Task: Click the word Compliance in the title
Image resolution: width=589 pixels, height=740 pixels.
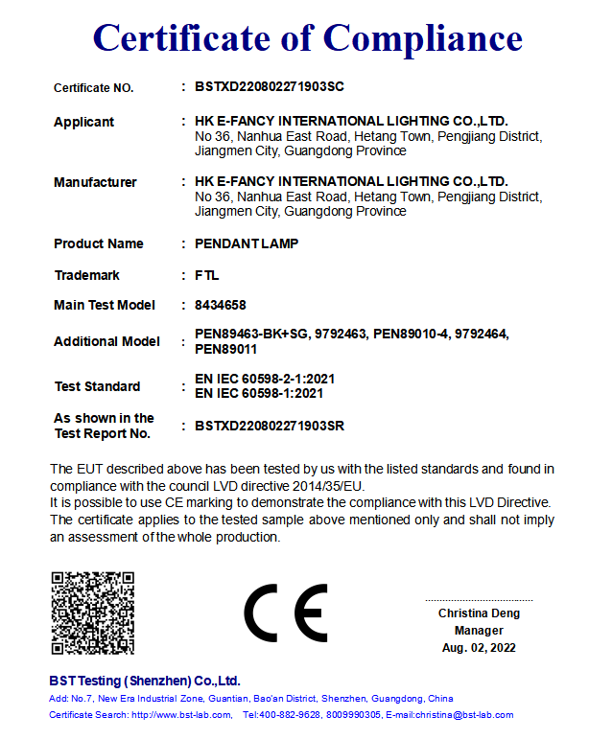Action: click(x=423, y=37)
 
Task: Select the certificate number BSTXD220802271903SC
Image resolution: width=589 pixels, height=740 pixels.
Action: click(x=269, y=87)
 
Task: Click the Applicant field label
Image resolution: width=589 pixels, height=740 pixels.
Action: click(x=83, y=122)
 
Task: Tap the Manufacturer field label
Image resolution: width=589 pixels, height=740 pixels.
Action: click(x=95, y=182)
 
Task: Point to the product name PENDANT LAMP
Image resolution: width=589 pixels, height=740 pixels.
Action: click(x=246, y=243)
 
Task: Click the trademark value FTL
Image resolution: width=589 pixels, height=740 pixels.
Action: click(x=206, y=275)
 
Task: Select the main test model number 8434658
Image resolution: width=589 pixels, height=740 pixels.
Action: click(x=220, y=306)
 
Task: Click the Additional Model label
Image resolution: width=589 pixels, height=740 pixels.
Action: click(x=106, y=341)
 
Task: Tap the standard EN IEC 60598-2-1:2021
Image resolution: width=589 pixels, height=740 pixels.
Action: click(x=265, y=380)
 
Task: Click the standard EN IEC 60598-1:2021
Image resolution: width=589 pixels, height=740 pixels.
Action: click(x=258, y=393)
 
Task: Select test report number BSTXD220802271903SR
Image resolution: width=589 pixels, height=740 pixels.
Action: click(x=269, y=426)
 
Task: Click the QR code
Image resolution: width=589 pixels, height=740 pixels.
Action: click(x=92, y=613)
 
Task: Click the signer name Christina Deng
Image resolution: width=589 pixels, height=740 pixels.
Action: click(x=479, y=613)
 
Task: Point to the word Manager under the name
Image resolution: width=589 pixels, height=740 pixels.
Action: click(x=479, y=631)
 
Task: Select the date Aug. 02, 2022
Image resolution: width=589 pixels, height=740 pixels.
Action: click(x=479, y=648)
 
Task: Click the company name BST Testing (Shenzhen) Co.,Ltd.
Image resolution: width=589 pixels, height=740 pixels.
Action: click(x=145, y=681)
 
